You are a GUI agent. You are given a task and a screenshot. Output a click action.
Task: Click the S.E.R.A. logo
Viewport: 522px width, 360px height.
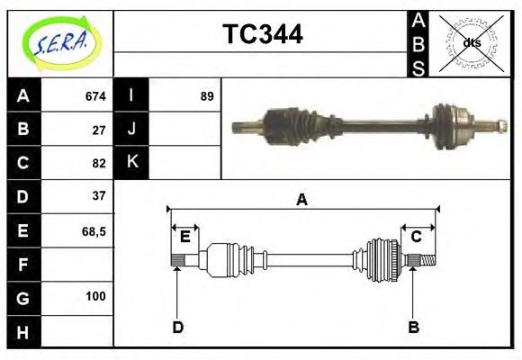(60, 42)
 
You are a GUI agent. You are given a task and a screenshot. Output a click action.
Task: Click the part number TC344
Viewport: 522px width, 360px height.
(262, 34)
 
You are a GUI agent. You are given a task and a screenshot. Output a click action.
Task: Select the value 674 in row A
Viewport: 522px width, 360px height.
(95, 96)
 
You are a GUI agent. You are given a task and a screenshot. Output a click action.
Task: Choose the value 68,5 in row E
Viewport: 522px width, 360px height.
(94, 230)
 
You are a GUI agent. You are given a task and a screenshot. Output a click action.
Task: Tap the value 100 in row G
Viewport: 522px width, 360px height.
(95, 296)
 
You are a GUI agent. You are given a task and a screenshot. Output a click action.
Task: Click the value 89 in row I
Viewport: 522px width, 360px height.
(207, 96)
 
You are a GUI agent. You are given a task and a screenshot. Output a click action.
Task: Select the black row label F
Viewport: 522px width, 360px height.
(22, 265)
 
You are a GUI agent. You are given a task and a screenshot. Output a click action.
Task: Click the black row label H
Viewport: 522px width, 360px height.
(22, 331)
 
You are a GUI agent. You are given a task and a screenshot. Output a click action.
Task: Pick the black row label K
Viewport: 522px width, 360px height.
(131, 162)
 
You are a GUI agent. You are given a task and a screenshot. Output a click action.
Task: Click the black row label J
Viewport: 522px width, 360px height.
(131, 129)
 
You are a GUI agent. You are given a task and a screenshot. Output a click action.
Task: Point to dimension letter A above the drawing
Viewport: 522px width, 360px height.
(302, 200)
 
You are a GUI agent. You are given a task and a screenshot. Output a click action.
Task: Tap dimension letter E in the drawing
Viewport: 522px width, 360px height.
(184, 237)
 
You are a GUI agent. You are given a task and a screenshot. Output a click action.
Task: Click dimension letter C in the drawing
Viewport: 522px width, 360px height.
(417, 237)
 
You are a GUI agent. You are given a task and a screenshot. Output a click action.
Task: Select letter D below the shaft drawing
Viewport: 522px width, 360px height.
(177, 328)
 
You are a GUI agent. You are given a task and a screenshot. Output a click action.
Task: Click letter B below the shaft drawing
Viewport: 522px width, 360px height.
(414, 328)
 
